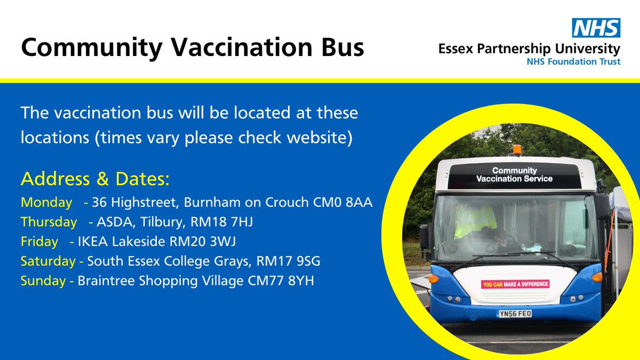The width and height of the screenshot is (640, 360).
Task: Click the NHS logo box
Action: click(x=596, y=28)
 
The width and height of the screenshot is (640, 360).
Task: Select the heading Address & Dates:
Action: click(x=95, y=179)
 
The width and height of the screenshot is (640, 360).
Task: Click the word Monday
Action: click(x=46, y=203)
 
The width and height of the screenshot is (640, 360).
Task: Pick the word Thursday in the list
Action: click(x=49, y=222)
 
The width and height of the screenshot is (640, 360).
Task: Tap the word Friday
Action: click(x=39, y=242)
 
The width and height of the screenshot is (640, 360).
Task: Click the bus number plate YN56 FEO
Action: click(x=515, y=314)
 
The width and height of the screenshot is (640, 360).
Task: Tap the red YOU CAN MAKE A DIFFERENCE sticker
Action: click(x=515, y=284)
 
